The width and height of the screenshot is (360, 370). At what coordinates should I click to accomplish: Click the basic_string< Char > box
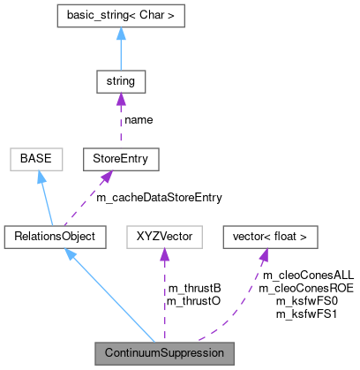(x=119, y=15)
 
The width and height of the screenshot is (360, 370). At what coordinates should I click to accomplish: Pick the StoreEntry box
(x=120, y=159)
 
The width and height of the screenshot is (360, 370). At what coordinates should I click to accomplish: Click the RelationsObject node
(x=55, y=237)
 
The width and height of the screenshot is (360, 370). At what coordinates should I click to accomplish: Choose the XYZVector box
(x=165, y=237)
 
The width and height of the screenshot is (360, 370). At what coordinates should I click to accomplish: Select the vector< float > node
(x=269, y=237)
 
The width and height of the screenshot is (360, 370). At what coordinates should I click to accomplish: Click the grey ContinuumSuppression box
(x=165, y=353)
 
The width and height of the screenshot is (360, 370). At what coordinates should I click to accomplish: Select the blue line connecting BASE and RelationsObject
(x=47, y=201)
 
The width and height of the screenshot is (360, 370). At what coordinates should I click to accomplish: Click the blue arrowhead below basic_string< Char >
(x=119, y=34)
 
